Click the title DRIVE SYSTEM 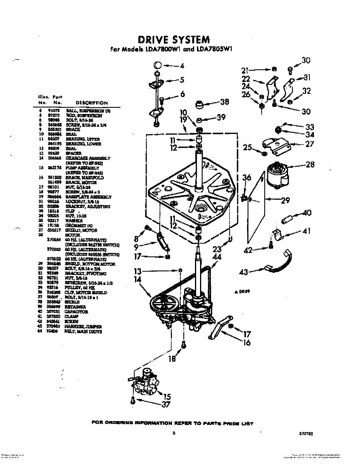click(174, 39)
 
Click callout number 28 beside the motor click(310, 165)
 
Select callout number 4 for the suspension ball click(181, 66)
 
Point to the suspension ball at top click(157, 65)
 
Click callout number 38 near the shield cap click(225, 102)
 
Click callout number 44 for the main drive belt click(217, 257)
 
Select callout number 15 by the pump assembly click(167, 397)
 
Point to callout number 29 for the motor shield click(285, 200)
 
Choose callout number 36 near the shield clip click(246, 177)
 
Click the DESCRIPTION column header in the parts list click(91, 103)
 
